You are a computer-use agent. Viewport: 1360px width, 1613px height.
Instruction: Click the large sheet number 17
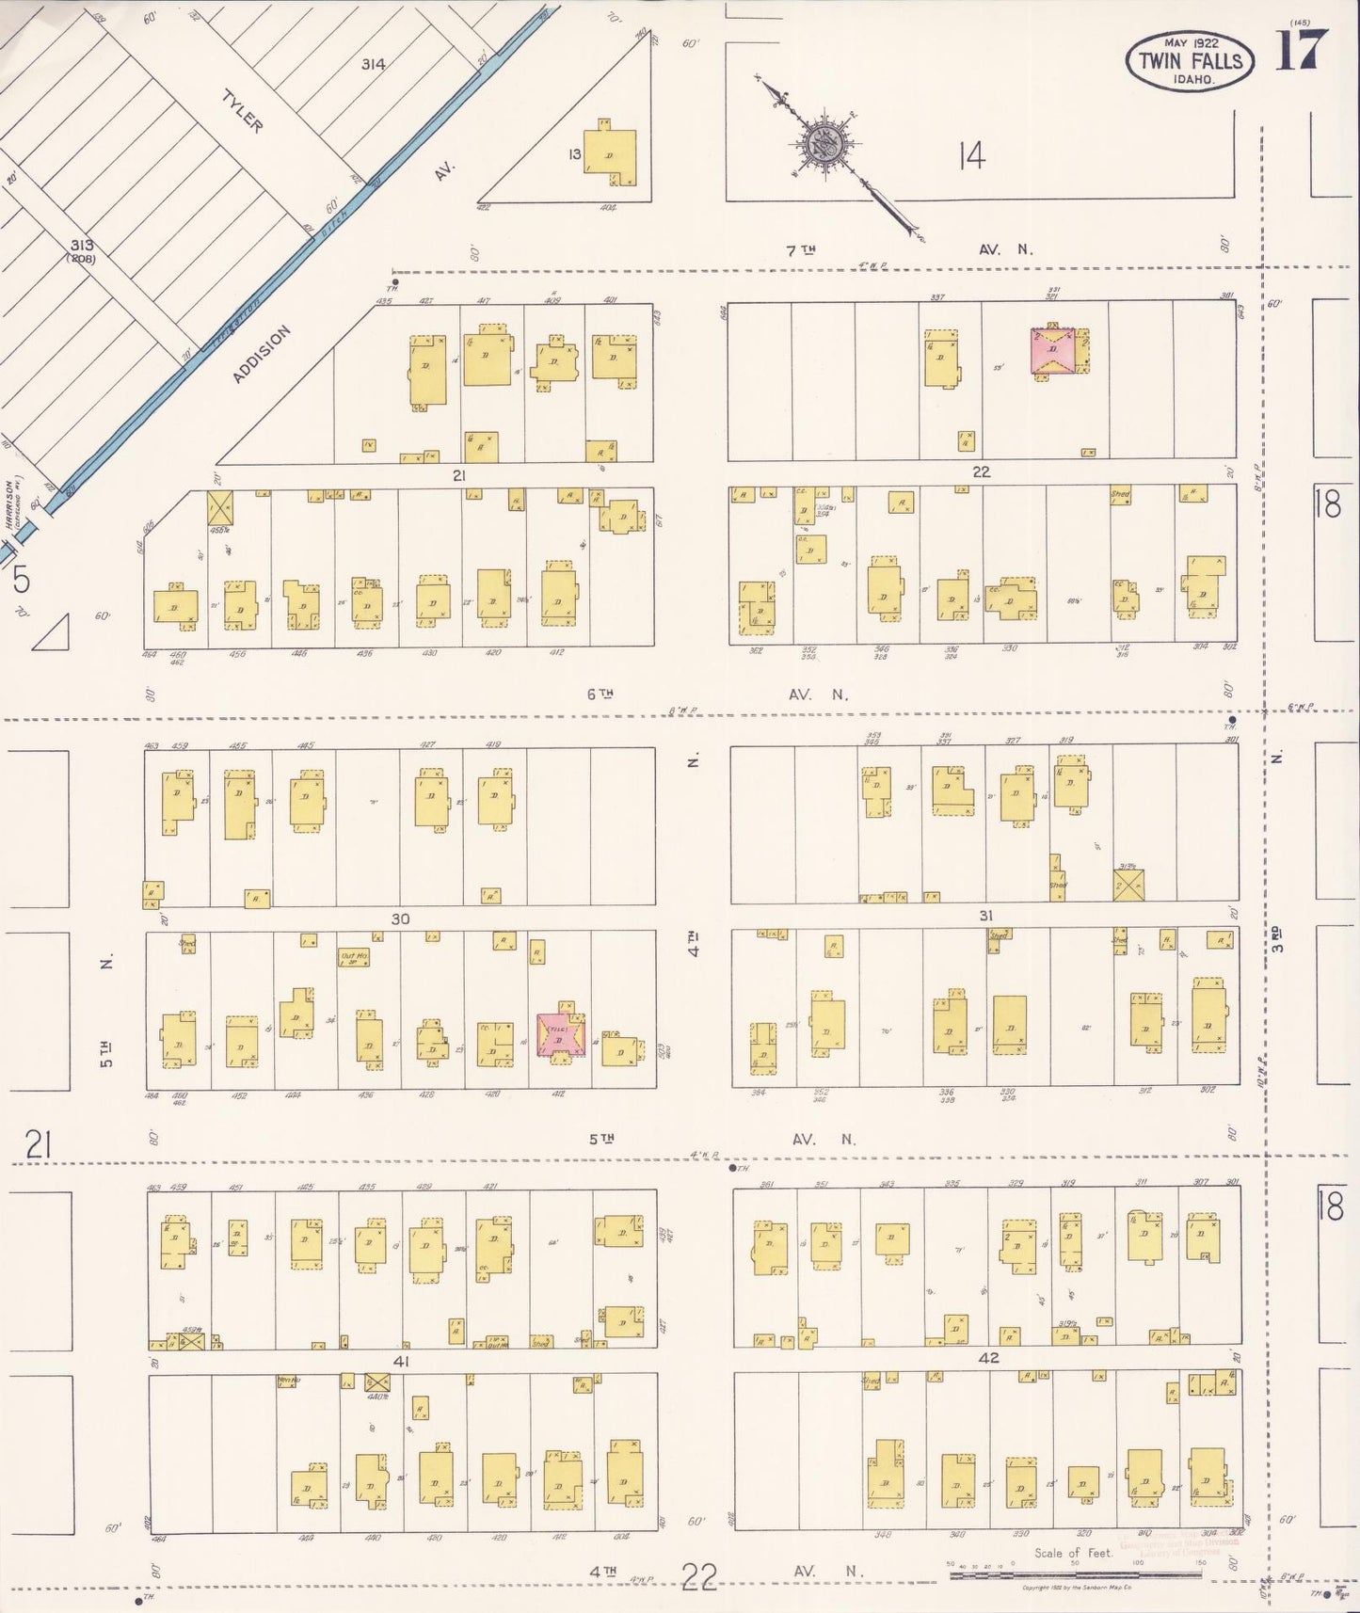(1302, 50)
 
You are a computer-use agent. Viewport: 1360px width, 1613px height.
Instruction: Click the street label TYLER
(242, 111)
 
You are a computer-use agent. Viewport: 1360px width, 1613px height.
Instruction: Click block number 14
(971, 155)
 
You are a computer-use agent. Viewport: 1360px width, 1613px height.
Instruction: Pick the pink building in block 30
(561, 1035)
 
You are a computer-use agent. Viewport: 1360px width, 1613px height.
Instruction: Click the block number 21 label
(458, 475)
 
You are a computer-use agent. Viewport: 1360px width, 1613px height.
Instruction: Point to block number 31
(985, 915)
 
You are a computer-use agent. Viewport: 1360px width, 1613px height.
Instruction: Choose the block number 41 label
(401, 1361)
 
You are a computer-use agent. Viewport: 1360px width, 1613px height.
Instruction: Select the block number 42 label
(988, 1358)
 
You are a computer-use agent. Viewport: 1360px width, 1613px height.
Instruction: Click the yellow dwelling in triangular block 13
(609, 153)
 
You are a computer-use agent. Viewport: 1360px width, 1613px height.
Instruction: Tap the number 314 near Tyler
(373, 64)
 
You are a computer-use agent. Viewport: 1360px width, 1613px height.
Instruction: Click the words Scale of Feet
(1073, 1553)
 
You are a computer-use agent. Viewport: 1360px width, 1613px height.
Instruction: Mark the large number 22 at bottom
(699, 1575)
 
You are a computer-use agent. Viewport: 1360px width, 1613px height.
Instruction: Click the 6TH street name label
(600, 695)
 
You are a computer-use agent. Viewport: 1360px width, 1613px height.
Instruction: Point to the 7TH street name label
(801, 250)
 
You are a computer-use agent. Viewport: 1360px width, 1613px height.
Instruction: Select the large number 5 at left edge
(21, 581)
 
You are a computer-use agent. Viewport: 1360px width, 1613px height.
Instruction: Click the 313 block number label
(82, 246)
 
